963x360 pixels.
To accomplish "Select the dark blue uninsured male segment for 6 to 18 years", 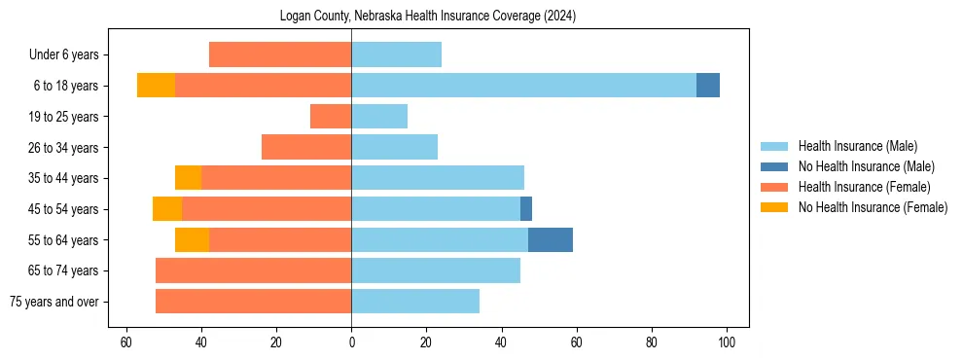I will tap(708, 86).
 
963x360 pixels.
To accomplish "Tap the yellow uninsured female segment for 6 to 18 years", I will tap(156, 86).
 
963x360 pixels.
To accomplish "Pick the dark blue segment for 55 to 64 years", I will tap(551, 239).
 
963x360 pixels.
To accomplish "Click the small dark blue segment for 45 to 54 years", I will tap(526, 209).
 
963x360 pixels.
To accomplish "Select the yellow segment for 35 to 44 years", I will tap(188, 178).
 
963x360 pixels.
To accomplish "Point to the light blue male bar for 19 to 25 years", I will tap(379, 117).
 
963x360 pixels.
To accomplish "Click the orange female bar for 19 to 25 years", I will tap(331, 117).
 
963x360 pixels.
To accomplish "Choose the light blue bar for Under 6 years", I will tap(396, 54).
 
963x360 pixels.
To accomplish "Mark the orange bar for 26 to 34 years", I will tap(306, 147).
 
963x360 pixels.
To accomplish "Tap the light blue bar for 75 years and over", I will tap(415, 302).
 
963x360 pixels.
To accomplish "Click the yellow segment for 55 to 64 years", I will tap(192, 239).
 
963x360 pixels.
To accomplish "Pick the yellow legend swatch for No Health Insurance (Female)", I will tap(775, 207).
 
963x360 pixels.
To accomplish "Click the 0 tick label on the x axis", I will tap(351, 342).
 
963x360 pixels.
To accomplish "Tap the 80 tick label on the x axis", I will tap(652, 342).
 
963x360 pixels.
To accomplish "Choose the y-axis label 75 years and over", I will tap(53, 302).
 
